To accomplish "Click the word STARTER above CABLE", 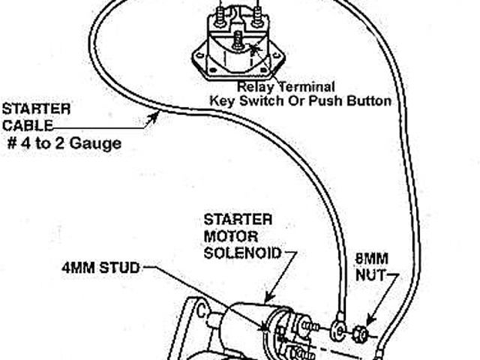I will [36, 108].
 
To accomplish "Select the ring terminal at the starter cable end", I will [336, 326].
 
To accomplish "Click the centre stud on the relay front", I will [238, 43].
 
